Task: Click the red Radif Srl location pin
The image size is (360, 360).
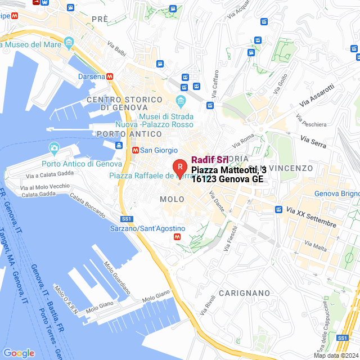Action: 179,167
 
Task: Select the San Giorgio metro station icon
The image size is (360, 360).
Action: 135,150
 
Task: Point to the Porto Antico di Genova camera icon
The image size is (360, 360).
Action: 54,148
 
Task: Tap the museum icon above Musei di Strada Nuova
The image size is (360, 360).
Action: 181,102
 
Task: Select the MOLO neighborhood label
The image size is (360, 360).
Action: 172,199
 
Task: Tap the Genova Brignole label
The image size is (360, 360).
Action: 337,194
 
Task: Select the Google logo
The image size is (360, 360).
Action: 19,353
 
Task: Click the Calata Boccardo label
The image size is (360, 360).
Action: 88,204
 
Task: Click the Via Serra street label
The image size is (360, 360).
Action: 313,141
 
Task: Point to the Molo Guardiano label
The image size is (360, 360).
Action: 117,278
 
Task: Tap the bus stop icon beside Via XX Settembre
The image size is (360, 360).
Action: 278,209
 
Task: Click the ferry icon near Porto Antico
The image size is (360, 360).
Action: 119,145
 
